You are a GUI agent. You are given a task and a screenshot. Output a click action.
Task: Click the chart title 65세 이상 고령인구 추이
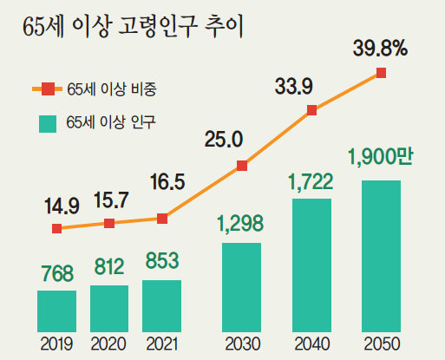133,27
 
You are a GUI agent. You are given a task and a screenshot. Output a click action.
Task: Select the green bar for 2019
56,311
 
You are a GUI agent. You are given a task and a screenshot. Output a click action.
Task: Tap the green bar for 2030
241,287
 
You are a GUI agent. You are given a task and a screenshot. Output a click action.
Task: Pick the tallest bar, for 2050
381,256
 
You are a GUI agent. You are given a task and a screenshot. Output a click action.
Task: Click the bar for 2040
311,265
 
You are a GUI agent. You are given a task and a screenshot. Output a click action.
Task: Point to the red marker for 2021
162,219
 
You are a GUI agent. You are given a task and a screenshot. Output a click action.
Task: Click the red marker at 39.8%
381,73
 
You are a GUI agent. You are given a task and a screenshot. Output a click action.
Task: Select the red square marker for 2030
242,166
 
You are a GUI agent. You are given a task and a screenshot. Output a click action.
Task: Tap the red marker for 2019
57,228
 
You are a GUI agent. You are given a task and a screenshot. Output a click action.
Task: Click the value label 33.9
294,87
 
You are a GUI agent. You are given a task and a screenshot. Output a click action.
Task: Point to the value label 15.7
111,200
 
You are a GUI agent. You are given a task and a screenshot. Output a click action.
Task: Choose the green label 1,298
240,224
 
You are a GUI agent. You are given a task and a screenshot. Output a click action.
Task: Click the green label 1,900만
381,157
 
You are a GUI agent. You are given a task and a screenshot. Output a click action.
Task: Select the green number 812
109,267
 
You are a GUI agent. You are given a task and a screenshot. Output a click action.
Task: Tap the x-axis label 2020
108,344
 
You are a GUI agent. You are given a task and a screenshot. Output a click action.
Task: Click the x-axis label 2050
382,344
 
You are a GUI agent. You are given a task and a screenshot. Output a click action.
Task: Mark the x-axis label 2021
161,344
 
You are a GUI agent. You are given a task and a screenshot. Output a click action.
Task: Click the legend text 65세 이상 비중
112,89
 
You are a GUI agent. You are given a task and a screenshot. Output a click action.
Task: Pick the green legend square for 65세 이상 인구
48,124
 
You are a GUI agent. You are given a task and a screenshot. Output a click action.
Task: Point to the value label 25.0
224,140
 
